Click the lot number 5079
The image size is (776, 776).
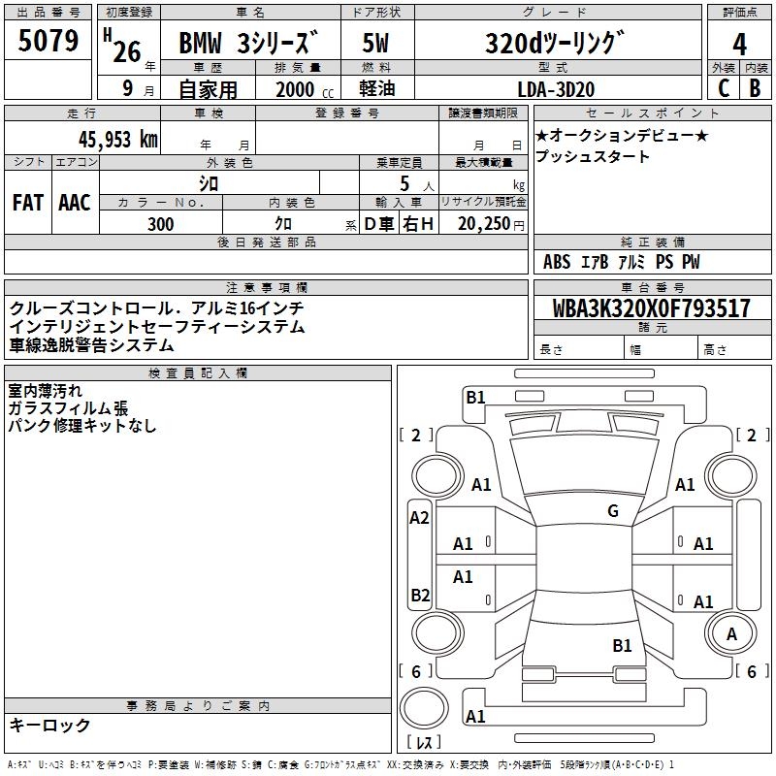point(48,41)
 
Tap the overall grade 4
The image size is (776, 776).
point(739,44)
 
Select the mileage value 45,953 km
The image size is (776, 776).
point(118,140)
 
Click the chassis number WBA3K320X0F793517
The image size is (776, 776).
point(652,307)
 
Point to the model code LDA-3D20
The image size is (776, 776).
point(556,89)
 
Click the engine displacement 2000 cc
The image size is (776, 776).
point(305,89)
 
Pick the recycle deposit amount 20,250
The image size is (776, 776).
point(484,224)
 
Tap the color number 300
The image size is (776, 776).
point(161,224)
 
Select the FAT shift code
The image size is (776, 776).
point(28,203)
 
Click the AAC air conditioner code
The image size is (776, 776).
point(75,203)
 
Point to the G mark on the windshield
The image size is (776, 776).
point(613,510)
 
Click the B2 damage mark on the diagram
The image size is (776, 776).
point(420,595)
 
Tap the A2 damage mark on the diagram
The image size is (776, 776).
point(419,518)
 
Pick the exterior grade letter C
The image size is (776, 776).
point(724,88)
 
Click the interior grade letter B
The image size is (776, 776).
point(755,88)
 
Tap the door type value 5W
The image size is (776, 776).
point(375,43)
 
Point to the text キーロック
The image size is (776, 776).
point(49,725)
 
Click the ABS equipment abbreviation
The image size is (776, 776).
point(557,262)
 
